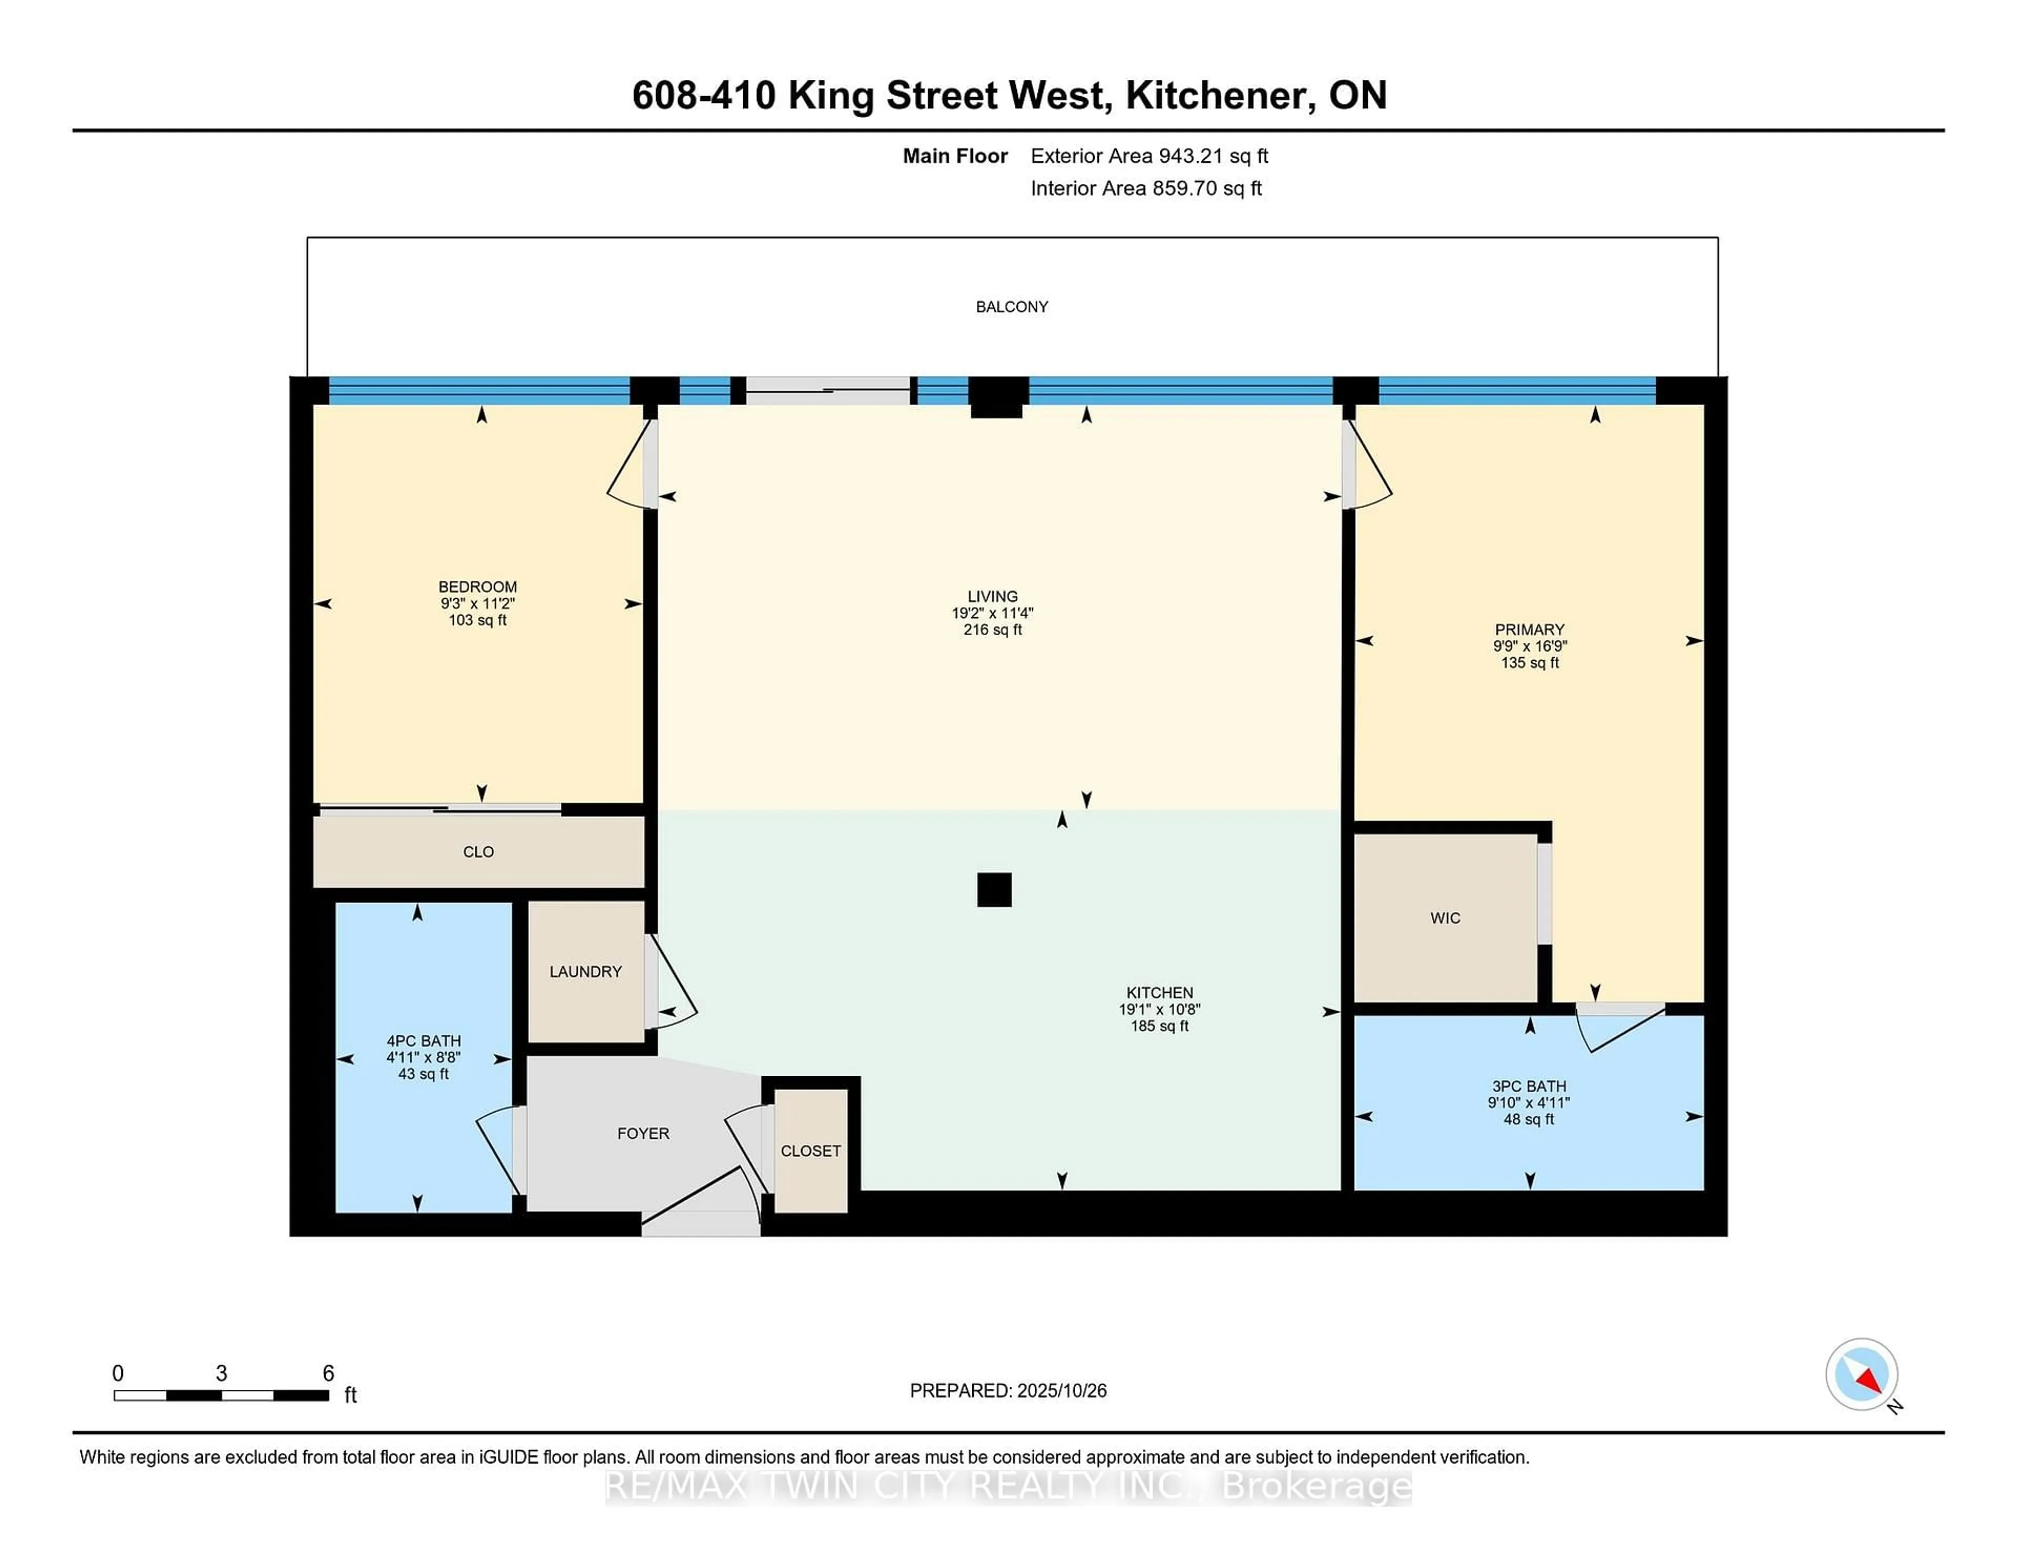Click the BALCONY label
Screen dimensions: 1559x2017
tap(1011, 307)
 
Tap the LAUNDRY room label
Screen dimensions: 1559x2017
tap(586, 972)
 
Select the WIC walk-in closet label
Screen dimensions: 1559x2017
tap(1446, 918)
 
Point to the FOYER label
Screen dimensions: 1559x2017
tap(643, 1133)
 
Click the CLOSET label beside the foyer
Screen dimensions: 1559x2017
tap(810, 1151)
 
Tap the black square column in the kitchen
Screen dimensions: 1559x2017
tap(994, 889)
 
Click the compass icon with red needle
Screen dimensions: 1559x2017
tap(1861, 1374)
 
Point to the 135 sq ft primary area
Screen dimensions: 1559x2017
tap(1530, 663)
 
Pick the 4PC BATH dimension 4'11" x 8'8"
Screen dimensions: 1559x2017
tap(423, 1057)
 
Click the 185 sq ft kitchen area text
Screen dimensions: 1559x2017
tap(1159, 1026)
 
